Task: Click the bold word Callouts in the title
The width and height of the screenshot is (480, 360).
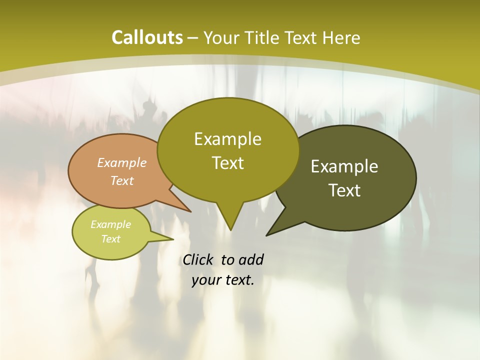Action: pyautogui.click(x=147, y=37)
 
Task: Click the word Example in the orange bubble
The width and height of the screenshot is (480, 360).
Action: pyautogui.click(x=121, y=162)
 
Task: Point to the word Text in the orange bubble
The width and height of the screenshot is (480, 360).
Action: pyautogui.click(x=121, y=180)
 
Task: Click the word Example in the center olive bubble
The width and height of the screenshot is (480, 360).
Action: pyautogui.click(x=227, y=138)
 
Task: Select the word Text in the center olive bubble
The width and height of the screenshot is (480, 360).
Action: pyautogui.click(x=227, y=163)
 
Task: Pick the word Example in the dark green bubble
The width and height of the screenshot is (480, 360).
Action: pyautogui.click(x=344, y=166)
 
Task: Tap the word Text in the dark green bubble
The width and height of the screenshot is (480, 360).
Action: pyautogui.click(x=344, y=190)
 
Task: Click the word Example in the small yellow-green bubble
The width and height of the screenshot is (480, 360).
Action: pyautogui.click(x=110, y=224)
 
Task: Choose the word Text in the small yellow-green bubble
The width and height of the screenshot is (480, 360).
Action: pyautogui.click(x=110, y=239)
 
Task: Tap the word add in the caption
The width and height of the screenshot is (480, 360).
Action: pyautogui.click(x=250, y=259)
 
